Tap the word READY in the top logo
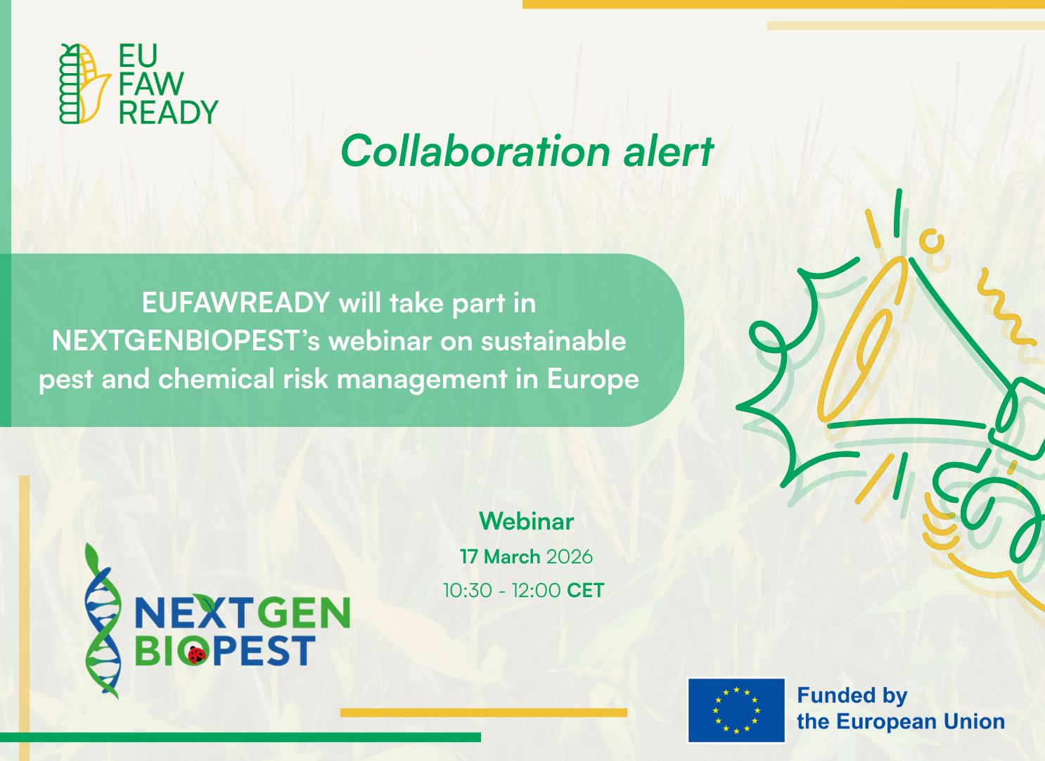point(168,113)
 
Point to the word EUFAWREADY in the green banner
point(236,303)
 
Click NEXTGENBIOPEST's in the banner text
point(186,341)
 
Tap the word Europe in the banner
point(593,379)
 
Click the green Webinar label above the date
point(526,521)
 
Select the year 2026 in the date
point(569,557)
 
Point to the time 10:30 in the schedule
point(467,590)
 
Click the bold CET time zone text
point(585,590)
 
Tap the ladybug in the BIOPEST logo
point(196,654)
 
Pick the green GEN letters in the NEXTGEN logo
point(307,614)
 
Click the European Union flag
point(736,710)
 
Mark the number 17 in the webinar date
point(468,557)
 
